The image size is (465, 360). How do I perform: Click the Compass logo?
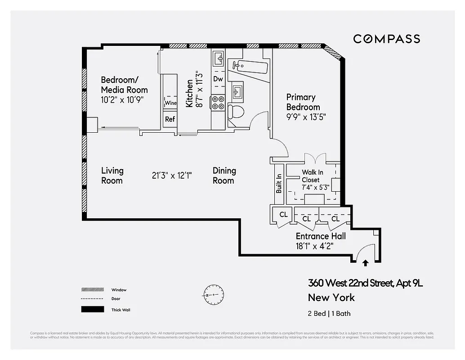click(386, 39)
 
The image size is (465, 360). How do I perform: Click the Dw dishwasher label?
click(218, 79)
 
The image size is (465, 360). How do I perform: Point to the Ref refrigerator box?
click(170, 119)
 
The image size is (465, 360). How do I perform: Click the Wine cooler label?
click(170, 103)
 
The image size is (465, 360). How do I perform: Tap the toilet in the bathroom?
click(235, 112)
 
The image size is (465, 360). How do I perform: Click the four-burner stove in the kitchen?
click(218, 103)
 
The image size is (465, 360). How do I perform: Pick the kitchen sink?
click(219, 58)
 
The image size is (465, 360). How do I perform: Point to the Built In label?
click(279, 184)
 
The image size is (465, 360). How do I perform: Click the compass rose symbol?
click(213, 294)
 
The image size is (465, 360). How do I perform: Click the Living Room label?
click(112, 175)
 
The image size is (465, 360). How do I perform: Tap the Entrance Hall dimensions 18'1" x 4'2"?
click(314, 246)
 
